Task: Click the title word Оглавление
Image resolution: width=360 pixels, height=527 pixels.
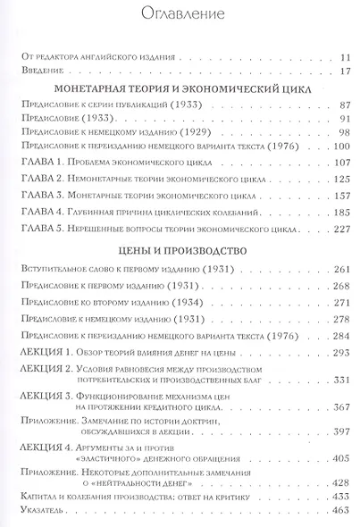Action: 180,14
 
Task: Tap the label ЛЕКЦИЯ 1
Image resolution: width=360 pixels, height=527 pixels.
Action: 44,330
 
